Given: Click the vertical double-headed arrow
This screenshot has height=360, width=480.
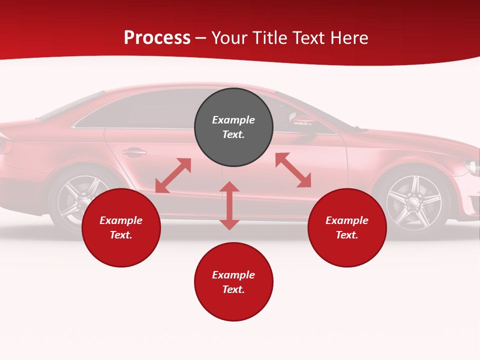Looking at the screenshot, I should click(x=229, y=206).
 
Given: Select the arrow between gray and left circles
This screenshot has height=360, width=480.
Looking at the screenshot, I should click(x=173, y=175).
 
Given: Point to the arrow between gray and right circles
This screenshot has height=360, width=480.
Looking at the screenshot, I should click(x=293, y=170).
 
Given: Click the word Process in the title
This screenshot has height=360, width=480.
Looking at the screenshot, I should click(x=157, y=38).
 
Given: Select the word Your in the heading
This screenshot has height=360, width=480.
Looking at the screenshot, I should click(x=229, y=38).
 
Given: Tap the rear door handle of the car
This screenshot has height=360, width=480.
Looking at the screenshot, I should click(x=134, y=152).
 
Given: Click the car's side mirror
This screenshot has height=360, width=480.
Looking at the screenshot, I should click(x=301, y=119).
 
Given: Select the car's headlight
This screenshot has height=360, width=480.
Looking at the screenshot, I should click(x=472, y=166).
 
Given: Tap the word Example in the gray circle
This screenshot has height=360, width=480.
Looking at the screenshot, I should click(x=233, y=120).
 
